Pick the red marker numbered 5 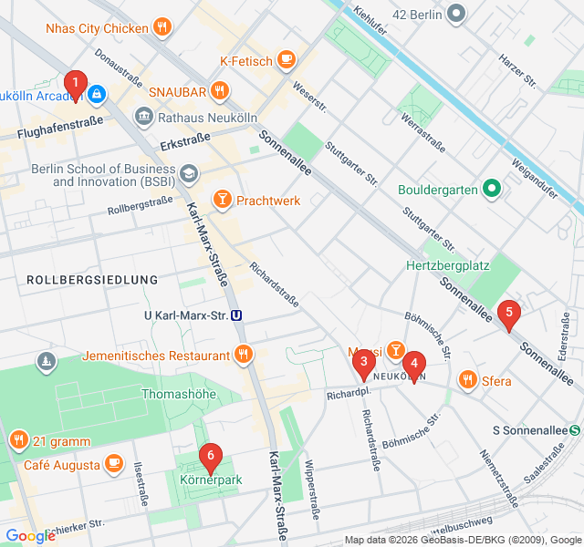(x=509, y=315)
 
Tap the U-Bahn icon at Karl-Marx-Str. (x=236, y=315)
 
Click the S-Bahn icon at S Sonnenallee (x=575, y=429)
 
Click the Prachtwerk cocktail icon (x=222, y=200)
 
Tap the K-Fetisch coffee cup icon (x=287, y=61)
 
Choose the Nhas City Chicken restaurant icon (x=162, y=27)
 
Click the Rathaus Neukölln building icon (x=144, y=117)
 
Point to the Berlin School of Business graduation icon (x=188, y=173)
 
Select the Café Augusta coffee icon (x=113, y=464)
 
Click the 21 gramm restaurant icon (x=18, y=441)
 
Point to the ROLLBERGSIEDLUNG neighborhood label (x=92, y=279)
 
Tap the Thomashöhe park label (x=182, y=394)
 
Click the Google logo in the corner (x=30, y=536)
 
